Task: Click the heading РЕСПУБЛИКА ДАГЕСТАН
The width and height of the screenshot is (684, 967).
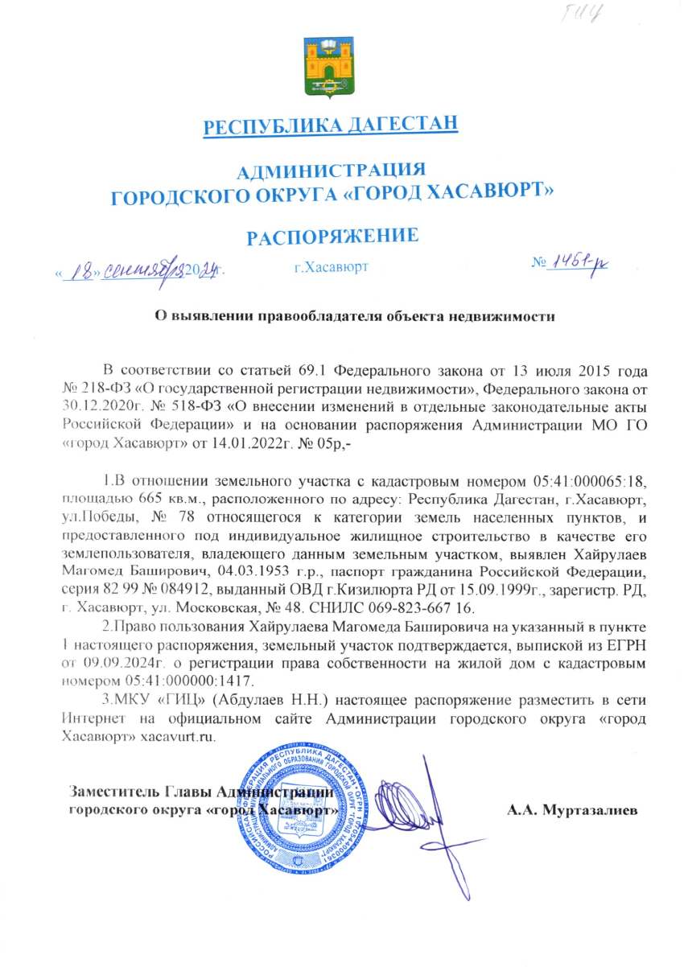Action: pyautogui.click(x=331, y=126)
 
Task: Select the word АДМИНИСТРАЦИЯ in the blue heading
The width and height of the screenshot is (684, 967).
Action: pyautogui.click(x=332, y=169)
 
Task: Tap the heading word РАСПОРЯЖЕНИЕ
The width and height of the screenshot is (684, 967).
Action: pyautogui.click(x=332, y=236)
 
